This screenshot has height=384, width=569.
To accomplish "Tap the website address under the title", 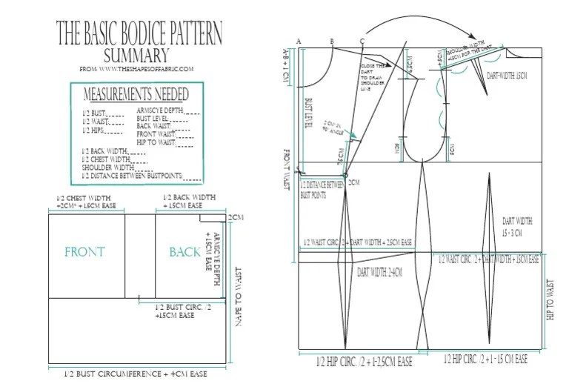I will point(136,70).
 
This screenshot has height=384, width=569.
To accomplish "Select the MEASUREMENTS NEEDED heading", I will point(136,94).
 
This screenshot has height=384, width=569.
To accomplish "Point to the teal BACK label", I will point(184,252).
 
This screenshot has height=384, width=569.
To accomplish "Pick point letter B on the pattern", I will point(331,41).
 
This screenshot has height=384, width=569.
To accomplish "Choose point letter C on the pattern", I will point(361,41).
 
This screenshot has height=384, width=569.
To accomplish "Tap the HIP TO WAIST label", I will point(550,304).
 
